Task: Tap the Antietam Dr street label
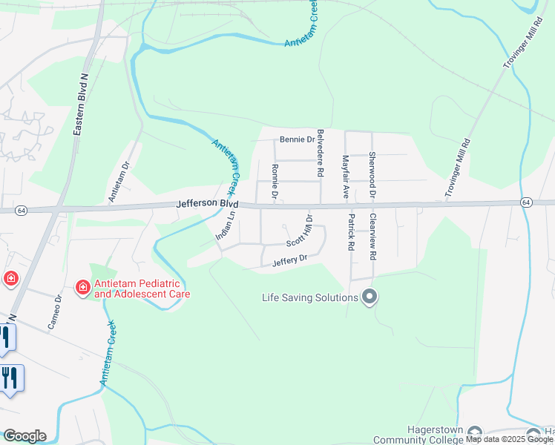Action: coord(119,182)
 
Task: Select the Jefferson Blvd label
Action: coord(207,202)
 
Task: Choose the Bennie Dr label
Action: coord(298,139)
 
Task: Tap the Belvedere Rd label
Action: coord(321,151)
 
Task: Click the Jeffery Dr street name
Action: coord(289,260)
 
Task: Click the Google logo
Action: coord(24,436)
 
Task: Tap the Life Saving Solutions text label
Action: coord(309,298)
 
